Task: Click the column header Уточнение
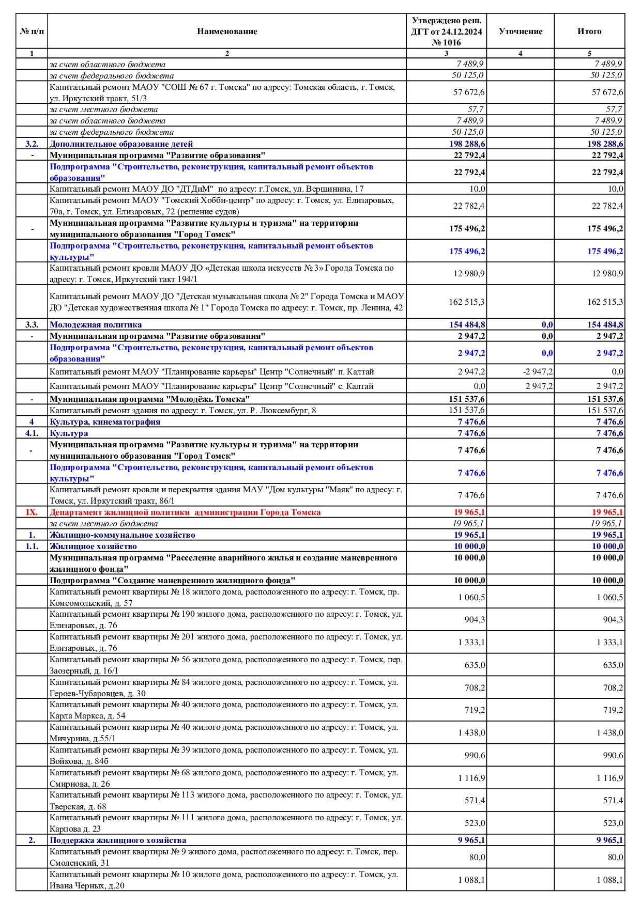(x=520, y=31)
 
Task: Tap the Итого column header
(x=589, y=31)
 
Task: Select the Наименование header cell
(x=227, y=31)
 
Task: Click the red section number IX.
(x=32, y=512)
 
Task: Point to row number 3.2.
(x=32, y=144)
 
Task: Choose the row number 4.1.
(x=32, y=433)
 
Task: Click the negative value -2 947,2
(x=538, y=372)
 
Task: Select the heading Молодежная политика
(x=96, y=325)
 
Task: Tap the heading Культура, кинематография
(x=105, y=422)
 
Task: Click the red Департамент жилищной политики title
(x=185, y=512)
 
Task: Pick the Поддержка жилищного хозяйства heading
(x=118, y=840)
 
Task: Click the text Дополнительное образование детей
(x=121, y=144)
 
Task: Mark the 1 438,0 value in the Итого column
(x=610, y=733)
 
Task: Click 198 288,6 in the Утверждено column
(x=467, y=144)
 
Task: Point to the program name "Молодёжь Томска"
(x=150, y=399)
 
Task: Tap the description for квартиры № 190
(x=226, y=620)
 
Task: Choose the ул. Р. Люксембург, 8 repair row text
(x=182, y=411)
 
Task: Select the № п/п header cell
(x=32, y=31)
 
